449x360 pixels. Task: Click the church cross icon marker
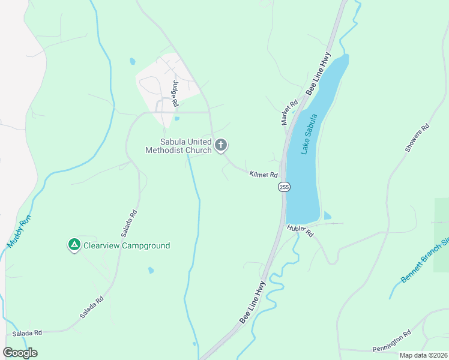(221, 145)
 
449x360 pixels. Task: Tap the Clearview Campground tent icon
(74, 245)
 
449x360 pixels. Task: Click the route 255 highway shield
(285, 187)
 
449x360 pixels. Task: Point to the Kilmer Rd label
(264, 175)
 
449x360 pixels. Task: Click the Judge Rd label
(175, 94)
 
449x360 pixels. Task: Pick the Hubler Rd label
(300, 231)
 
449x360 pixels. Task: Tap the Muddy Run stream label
(19, 232)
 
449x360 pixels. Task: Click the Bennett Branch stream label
(423, 262)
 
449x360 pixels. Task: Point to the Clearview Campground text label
(127, 245)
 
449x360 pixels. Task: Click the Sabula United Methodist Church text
(179, 146)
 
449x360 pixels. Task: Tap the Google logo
(20, 353)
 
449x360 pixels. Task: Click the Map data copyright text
(423, 355)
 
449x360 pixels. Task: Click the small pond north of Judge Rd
(132, 61)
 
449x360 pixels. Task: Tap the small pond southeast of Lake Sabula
(327, 215)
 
